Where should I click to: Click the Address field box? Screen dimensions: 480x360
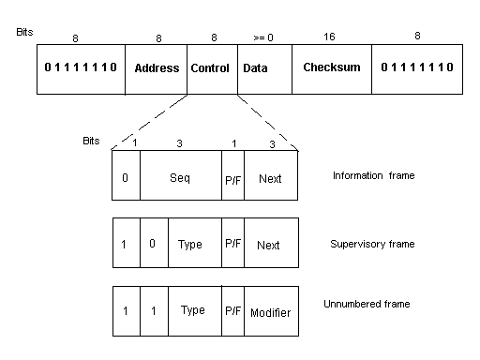click(x=156, y=69)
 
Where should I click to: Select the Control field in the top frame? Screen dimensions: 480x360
click(x=212, y=69)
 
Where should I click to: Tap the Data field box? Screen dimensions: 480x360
click(x=264, y=69)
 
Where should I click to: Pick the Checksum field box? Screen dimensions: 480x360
click(x=332, y=69)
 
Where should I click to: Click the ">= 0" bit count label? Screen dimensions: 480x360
click(x=263, y=37)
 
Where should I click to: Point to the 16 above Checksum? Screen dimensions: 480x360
click(x=329, y=37)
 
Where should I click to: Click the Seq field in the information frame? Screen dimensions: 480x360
click(x=181, y=175)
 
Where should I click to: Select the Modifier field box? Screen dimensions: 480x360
click(x=271, y=311)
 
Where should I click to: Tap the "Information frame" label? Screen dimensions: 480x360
click(x=374, y=175)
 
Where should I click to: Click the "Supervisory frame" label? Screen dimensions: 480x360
click(x=372, y=244)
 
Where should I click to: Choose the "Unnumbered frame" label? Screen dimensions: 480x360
click(x=367, y=304)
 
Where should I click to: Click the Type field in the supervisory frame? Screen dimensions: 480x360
click(x=195, y=243)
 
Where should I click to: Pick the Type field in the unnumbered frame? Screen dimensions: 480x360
click(x=195, y=311)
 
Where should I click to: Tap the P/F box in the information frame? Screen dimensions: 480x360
click(x=232, y=175)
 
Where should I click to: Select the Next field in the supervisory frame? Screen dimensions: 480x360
click(x=271, y=243)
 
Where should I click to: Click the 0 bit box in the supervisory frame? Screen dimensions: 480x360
click(x=154, y=243)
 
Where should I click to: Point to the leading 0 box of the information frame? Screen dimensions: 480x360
click(x=126, y=175)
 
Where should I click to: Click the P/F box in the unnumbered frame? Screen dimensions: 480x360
click(x=232, y=311)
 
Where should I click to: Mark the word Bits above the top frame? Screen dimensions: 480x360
click(x=24, y=32)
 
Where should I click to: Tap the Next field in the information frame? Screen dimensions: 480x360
click(x=271, y=175)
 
